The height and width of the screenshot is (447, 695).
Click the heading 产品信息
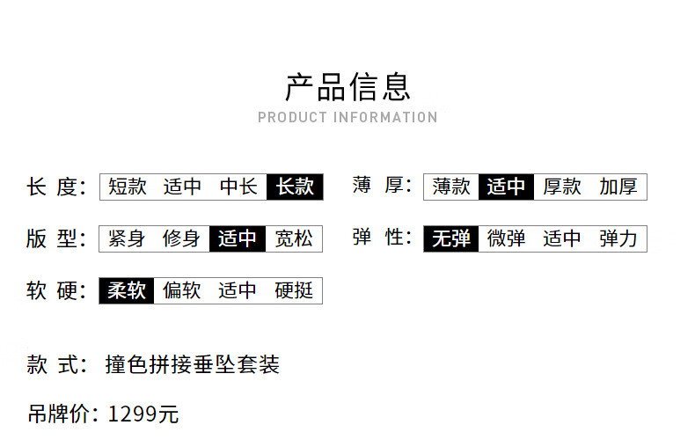click(347, 86)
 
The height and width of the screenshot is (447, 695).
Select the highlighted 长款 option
click(295, 187)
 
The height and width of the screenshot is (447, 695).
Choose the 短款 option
click(128, 187)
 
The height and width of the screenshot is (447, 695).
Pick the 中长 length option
click(238, 187)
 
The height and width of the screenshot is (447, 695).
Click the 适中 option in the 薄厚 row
click(506, 187)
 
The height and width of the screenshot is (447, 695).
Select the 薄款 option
click(451, 187)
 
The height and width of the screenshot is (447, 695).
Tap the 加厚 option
click(618, 187)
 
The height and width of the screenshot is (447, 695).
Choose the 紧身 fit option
click(127, 238)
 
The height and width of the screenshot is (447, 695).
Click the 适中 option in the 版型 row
click(238, 238)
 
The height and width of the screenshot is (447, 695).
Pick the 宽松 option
click(294, 238)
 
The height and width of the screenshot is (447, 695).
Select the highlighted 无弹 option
click(451, 238)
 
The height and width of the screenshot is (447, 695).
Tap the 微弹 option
click(506, 238)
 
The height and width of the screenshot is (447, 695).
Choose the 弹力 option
click(618, 238)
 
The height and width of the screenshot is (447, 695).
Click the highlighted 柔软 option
click(127, 290)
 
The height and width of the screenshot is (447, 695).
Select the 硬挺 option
click(294, 290)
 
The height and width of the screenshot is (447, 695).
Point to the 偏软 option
click(182, 290)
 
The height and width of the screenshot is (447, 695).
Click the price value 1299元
click(143, 414)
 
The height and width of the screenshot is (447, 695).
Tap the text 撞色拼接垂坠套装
click(192, 364)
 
